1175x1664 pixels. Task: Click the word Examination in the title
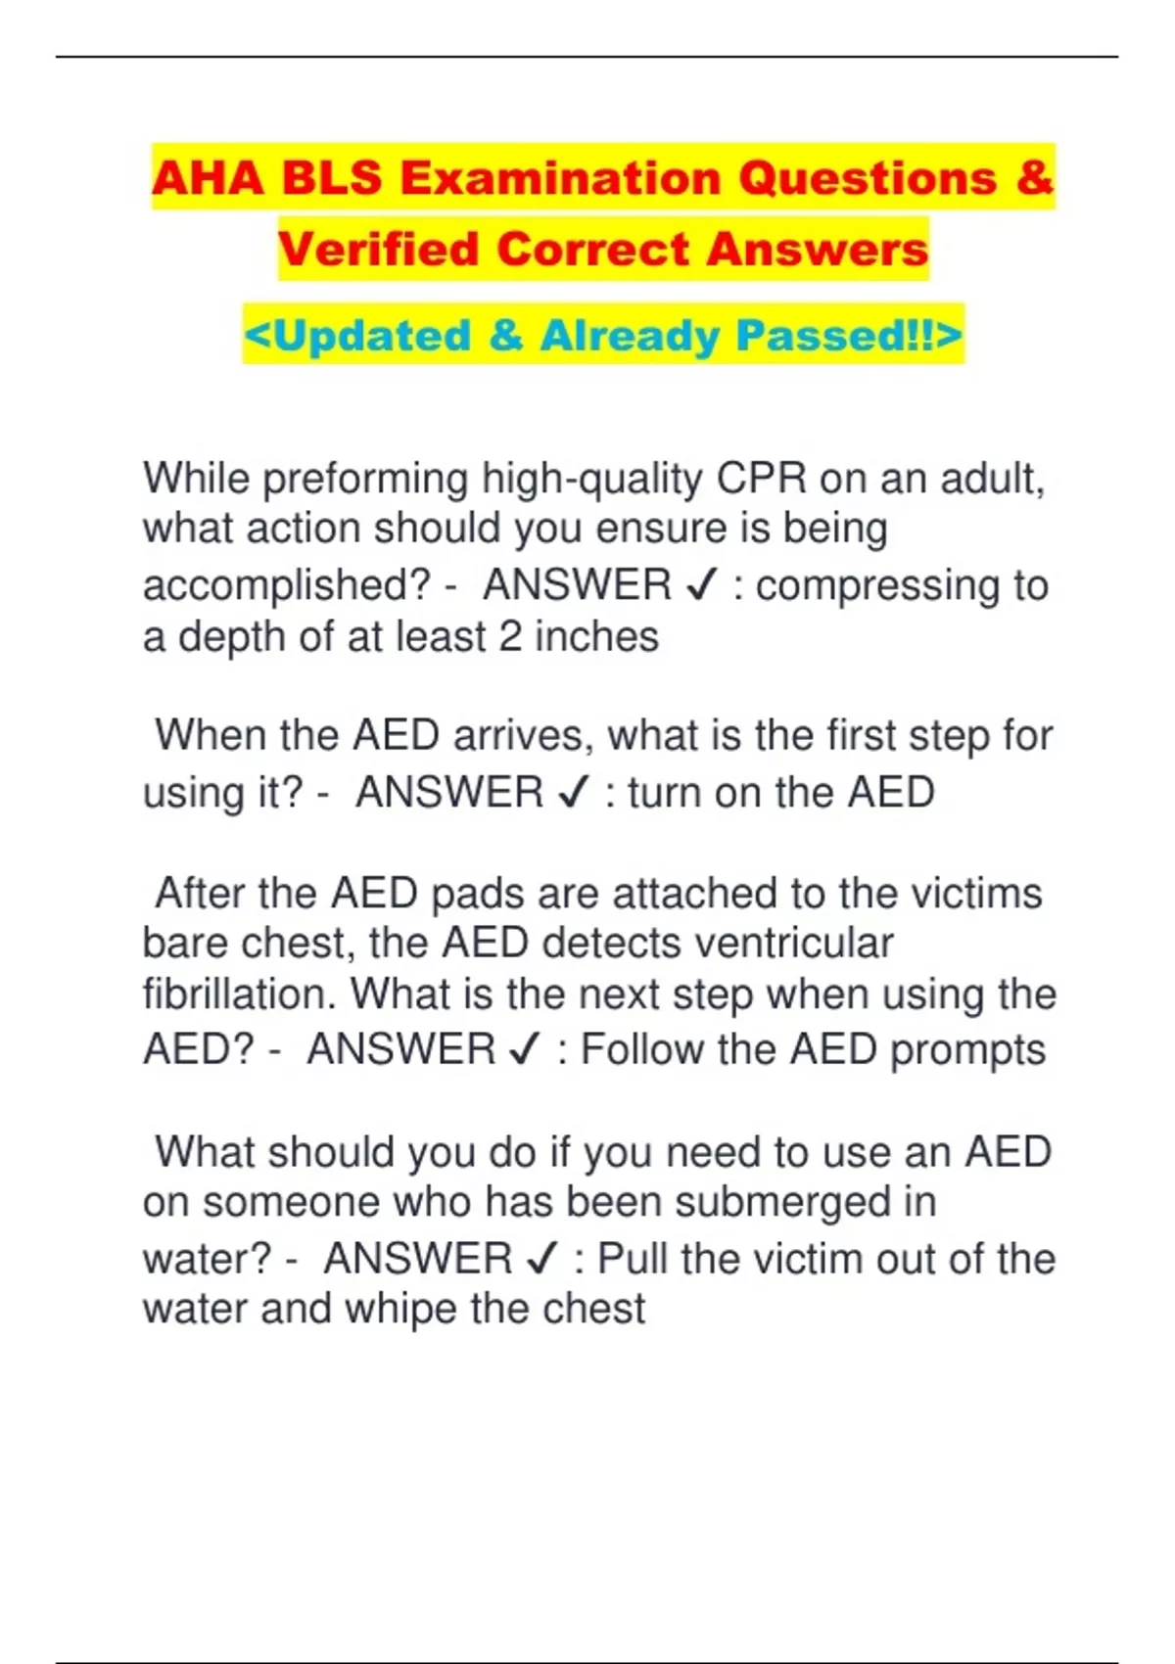click(x=560, y=178)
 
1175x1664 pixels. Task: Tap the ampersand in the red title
click(x=1034, y=178)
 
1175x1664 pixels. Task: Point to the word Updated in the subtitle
click(x=372, y=335)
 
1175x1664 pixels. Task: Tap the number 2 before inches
click(x=510, y=636)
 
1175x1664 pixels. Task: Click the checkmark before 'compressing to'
click(x=702, y=585)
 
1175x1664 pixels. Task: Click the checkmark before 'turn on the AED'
click(x=573, y=793)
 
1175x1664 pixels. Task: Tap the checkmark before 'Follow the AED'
click(x=525, y=1050)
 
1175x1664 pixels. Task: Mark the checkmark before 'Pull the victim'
click(x=541, y=1259)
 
